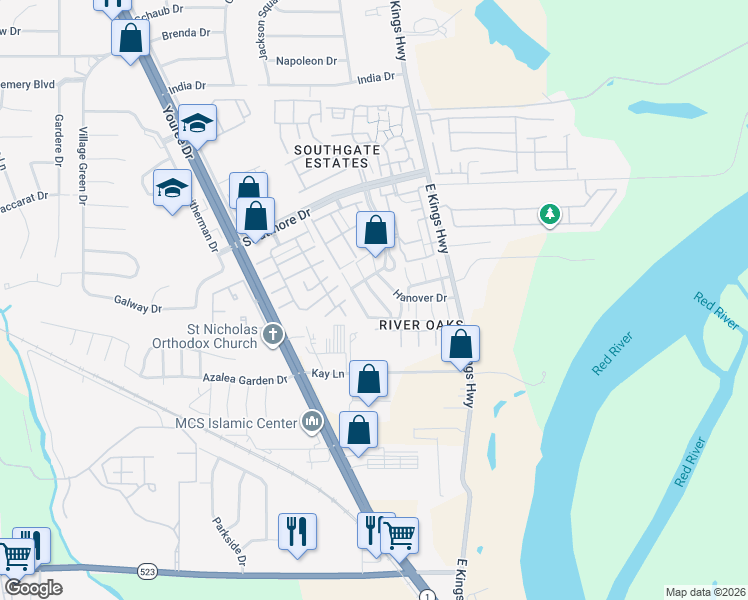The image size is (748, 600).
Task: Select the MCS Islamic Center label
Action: tap(234, 423)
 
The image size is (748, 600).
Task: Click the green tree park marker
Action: tap(549, 213)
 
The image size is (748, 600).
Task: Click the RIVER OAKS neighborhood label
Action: tap(421, 325)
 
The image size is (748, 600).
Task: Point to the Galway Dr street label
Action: tap(137, 300)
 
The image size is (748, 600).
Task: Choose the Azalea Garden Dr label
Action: tap(244, 380)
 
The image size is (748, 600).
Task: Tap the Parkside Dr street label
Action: tap(229, 540)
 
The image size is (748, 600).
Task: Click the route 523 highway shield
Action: tap(148, 571)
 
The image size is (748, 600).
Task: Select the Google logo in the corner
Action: tap(33, 588)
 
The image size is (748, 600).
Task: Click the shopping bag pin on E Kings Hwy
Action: tap(460, 344)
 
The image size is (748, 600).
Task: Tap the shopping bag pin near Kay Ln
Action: tap(368, 379)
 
